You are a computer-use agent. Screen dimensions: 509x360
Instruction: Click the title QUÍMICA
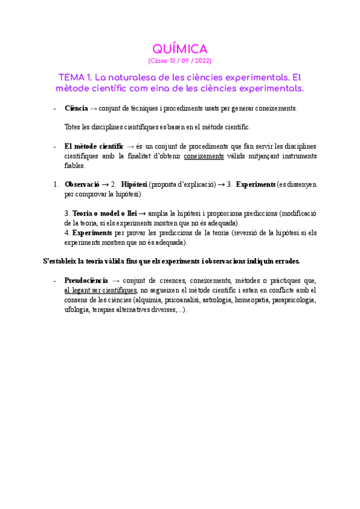click(179, 49)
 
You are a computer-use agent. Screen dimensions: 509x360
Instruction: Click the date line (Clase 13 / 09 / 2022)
click(179, 61)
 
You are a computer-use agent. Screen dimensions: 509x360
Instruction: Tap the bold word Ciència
click(76, 108)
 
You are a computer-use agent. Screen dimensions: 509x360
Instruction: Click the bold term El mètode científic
click(94, 146)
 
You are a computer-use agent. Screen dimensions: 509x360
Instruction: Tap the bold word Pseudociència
click(86, 280)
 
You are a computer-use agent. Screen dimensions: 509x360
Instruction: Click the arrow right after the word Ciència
click(94, 108)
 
